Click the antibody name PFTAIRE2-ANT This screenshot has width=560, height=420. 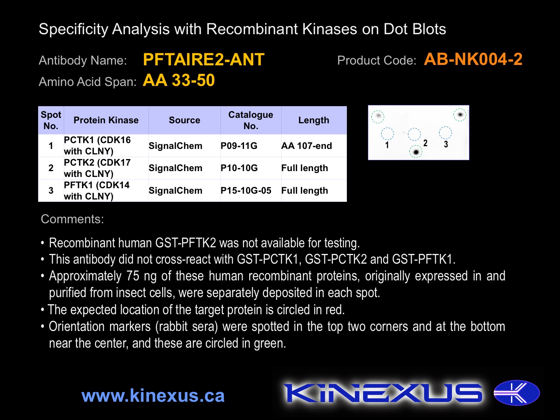[x=203, y=59]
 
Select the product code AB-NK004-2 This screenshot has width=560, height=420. [x=473, y=59]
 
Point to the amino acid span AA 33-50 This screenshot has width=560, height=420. [x=178, y=80]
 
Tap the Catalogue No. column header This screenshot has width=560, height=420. [x=250, y=120]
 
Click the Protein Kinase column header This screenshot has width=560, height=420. [x=106, y=120]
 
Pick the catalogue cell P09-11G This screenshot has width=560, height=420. [x=239, y=145]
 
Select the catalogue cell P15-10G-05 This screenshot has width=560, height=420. [x=246, y=191]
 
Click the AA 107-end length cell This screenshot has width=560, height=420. [x=306, y=145]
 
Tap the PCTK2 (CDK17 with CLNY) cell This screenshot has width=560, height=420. [x=97, y=168]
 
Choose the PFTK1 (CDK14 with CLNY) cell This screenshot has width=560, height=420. [x=97, y=191]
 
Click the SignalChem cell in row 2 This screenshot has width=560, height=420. [x=175, y=168]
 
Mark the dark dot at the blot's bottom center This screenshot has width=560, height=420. [x=416, y=152]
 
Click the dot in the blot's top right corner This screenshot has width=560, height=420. [x=460, y=115]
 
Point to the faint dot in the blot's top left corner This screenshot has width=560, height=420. [x=378, y=116]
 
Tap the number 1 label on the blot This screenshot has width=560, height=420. [x=387, y=145]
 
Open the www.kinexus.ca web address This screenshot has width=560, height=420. [x=153, y=395]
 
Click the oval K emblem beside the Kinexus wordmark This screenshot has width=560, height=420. [x=516, y=393]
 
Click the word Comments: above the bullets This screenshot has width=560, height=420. [x=72, y=219]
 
